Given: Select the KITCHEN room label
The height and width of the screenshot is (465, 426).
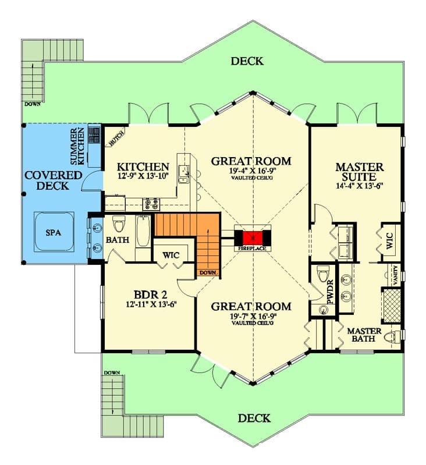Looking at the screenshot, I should (x=143, y=166).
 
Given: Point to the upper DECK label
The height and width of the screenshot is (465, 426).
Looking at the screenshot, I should (x=247, y=61).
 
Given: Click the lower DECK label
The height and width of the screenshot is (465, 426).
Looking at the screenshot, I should (x=254, y=418).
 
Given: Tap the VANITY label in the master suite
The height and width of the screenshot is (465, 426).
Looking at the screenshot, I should (x=396, y=272).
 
